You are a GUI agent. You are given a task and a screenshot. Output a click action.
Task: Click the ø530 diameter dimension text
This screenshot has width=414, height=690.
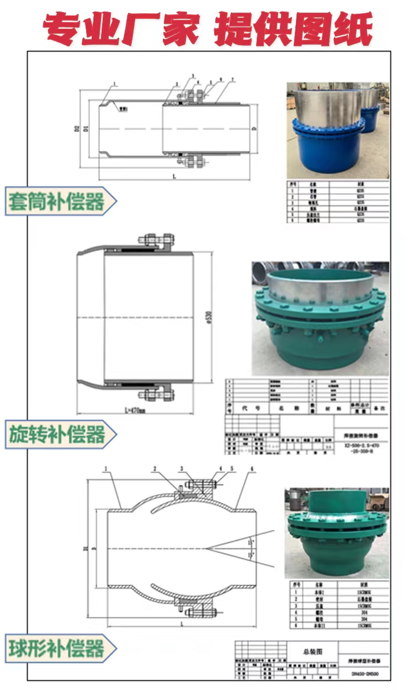point(208,317)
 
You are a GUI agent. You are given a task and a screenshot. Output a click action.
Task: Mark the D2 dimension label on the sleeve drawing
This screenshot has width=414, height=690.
point(78,129)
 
